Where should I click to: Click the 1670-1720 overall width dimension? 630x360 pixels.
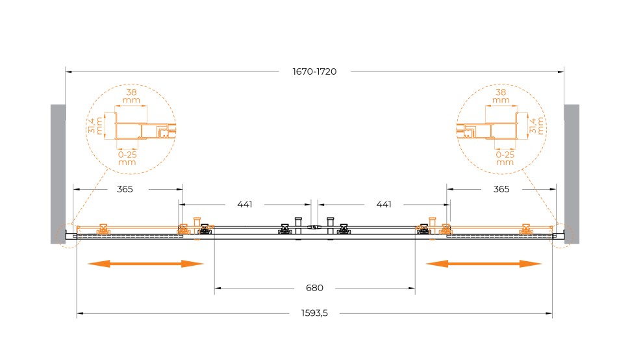click(315, 71)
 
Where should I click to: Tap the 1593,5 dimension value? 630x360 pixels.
click(316, 313)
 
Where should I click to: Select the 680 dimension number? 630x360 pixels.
click(315, 287)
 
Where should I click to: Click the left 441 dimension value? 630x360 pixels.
click(244, 205)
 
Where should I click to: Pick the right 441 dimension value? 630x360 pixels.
click(384, 205)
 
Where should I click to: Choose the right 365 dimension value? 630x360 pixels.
click(501, 189)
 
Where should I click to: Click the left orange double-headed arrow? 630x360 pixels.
click(146, 264)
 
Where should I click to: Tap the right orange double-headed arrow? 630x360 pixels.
click(484, 264)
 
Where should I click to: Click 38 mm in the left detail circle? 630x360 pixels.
click(131, 96)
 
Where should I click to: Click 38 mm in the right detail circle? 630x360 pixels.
click(501, 96)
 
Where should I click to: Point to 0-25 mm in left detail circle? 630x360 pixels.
click(127, 158)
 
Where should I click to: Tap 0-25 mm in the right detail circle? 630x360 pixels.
click(505, 158)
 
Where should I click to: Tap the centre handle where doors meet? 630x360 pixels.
click(315, 227)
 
